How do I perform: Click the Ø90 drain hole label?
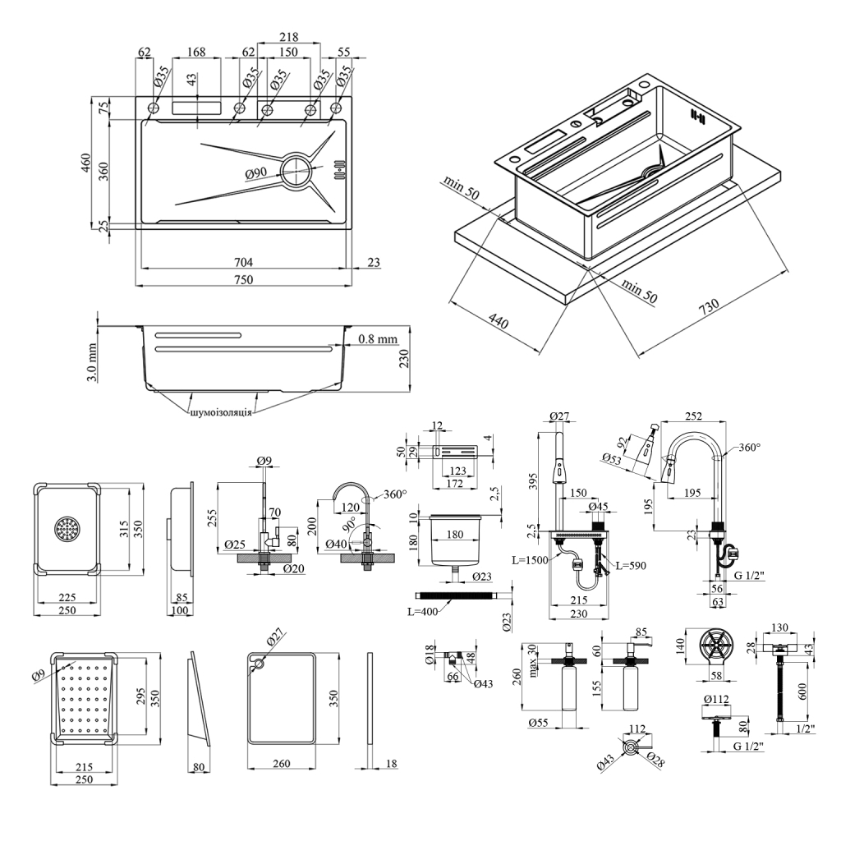coord(256,173)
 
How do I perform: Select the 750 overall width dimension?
coord(243,279)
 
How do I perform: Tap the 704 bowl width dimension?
coord(243,262)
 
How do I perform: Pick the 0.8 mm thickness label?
coord(378,338)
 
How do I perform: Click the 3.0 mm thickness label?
coord(93,362)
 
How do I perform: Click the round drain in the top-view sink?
coord(296,172)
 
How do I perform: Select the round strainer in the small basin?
coord(67,529)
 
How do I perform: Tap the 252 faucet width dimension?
coord(694,416)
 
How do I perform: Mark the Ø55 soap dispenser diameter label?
coord(540,722)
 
